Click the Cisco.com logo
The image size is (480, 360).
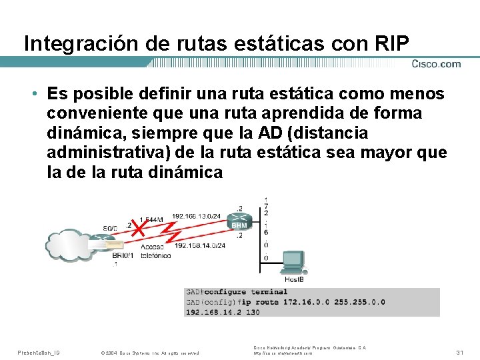click(435, 64)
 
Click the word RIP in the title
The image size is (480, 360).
click(393, 43)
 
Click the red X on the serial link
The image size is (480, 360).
click(138, 229)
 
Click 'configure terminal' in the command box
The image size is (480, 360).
click(246, 292)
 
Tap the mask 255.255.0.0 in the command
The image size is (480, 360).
click(355, 302)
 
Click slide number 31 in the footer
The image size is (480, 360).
click(459, 352)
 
